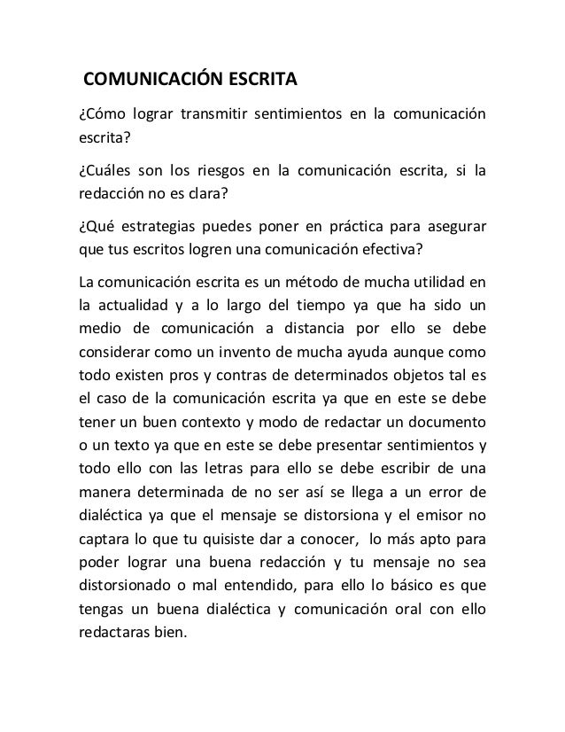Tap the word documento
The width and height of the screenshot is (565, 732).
tap(446, 421)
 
